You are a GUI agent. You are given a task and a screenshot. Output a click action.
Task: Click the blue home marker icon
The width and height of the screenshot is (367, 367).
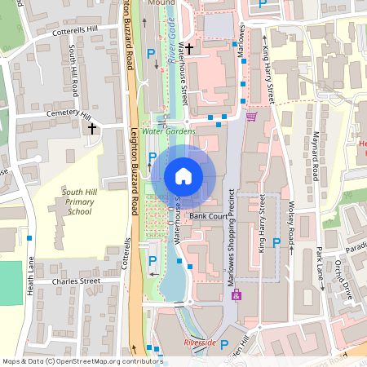tap(183, 176)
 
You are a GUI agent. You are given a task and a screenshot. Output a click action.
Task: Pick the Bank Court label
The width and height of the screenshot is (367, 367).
tap(208, 216)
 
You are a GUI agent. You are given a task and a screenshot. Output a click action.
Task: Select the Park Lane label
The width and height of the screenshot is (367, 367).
tap(320, 265)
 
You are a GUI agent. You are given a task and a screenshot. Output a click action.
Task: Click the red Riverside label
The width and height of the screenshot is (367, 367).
tap(200, 343)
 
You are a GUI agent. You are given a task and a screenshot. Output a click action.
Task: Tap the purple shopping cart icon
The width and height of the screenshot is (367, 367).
tap(251, 117)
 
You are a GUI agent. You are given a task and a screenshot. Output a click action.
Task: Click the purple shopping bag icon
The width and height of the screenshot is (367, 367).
tap(237, 295)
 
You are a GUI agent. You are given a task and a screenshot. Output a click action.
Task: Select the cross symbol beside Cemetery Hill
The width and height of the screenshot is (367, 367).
tap(92, 128)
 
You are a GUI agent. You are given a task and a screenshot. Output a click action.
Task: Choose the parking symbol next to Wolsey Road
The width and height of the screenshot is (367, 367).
tap(276, 242)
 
